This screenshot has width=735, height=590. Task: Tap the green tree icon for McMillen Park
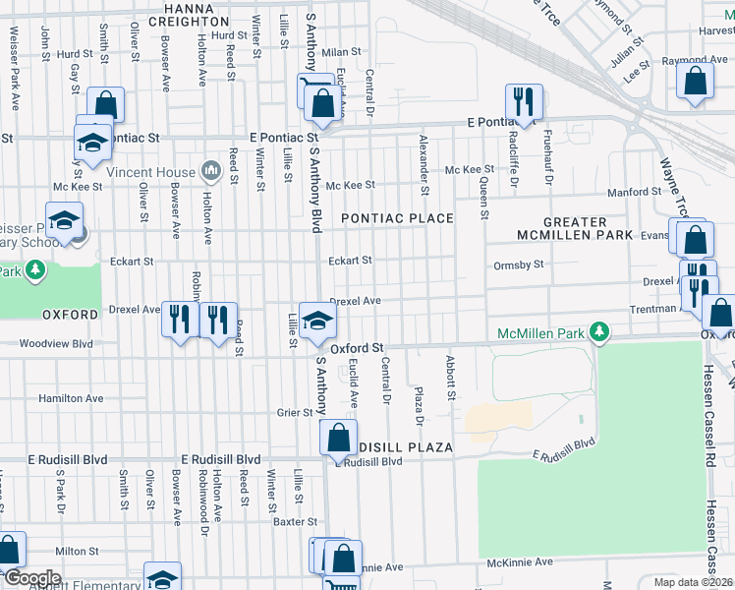tap(597, 334)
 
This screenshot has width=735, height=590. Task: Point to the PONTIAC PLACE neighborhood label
tap(396, 217)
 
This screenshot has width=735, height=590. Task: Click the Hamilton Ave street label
tap(71, 398)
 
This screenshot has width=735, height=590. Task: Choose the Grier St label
tap(294, 413)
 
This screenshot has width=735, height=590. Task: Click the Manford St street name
tap(631, 193)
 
